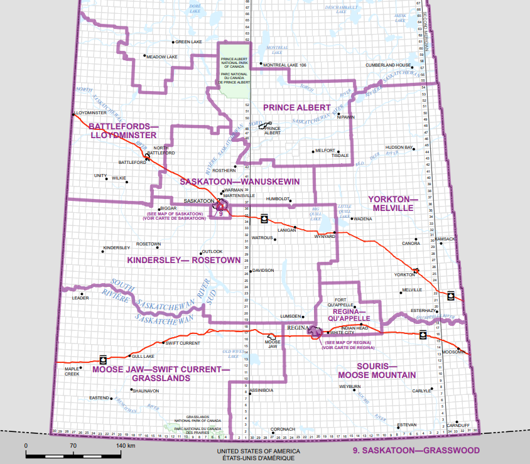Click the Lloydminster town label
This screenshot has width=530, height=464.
click(90, 112)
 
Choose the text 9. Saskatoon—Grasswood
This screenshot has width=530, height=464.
click(416, 450)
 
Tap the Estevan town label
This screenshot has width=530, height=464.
click(407, 425)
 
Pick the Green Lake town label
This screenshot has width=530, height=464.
click(188, 42)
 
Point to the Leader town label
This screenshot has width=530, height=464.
click(80, 298)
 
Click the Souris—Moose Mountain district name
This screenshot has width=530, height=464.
click(377, 370)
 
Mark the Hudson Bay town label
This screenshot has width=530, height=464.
click(399, 147)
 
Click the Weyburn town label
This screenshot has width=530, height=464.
click(349, 387)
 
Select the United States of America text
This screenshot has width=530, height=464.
click(258, 451)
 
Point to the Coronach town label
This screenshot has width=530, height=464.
click(282, 429)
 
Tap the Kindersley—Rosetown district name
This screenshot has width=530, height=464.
click(184, 260)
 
